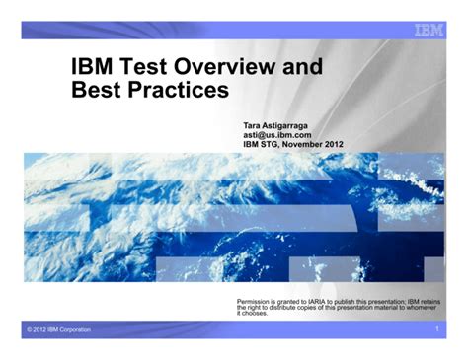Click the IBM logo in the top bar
coord(427,30)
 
